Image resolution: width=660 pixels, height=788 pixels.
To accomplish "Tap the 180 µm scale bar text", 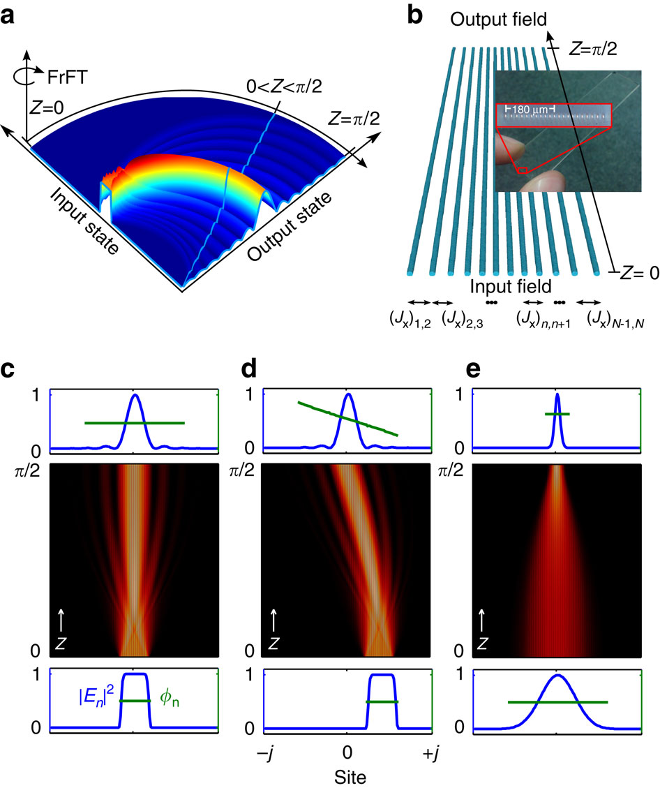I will click(527, 110).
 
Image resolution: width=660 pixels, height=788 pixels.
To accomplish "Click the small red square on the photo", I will click(523, 169).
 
